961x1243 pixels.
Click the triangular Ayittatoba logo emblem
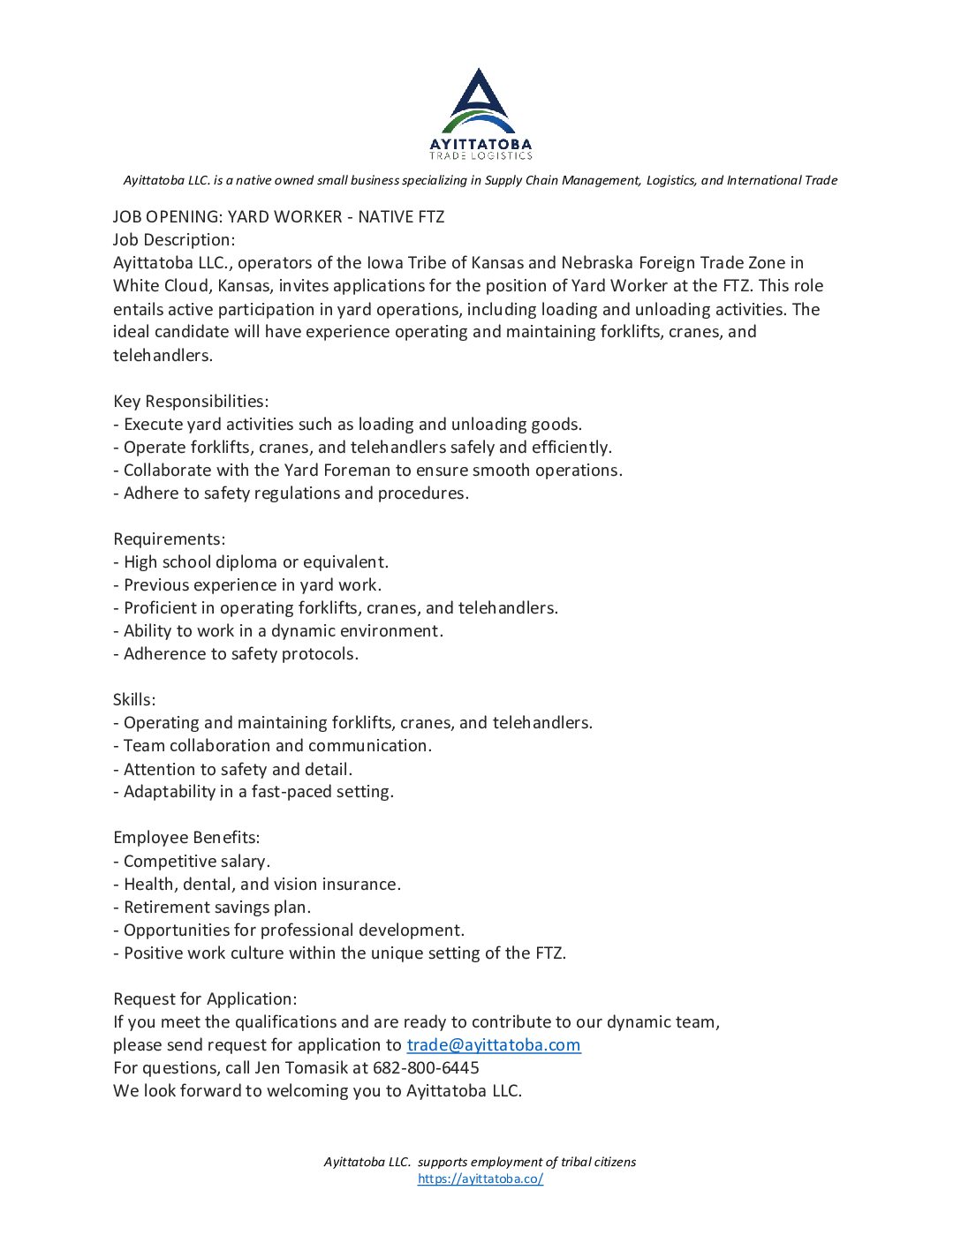pos(480,99)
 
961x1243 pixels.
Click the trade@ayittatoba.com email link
pos(493,1045)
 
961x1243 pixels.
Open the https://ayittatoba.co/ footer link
pos(480,1179)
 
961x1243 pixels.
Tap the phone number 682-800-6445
pos(426,1068)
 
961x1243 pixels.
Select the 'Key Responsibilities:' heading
pos(191,402)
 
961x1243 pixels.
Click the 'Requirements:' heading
pos(169,539)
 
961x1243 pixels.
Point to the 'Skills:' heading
pos(134,700)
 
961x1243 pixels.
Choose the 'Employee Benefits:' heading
pos(186,838)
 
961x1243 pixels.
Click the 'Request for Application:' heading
pos(205,999)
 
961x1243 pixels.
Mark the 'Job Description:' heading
pos(174,240)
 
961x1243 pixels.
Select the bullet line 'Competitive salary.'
pos(196,862)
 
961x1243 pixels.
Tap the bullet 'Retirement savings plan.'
pos(216,908)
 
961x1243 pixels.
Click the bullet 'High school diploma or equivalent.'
pos(255,562)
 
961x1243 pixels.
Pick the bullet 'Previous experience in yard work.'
pos(252,585)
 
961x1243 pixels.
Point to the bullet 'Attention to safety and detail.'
pos(237,770)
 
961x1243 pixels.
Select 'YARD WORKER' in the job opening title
pos(284,217)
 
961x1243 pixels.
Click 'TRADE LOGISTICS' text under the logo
pos(480,156)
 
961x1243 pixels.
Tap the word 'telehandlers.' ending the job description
pos(163,356)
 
